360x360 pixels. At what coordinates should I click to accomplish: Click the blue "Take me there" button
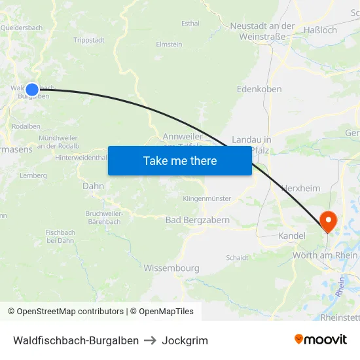[180, 160]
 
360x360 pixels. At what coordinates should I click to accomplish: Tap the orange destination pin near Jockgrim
[326, 221]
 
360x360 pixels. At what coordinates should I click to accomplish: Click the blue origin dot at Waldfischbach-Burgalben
[32, 89]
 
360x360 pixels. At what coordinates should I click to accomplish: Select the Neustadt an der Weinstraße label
[262, 31]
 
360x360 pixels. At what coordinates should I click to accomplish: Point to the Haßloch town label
[321, 30]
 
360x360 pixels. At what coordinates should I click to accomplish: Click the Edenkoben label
[259, 89]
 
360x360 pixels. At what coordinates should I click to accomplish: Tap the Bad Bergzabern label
[198, 221]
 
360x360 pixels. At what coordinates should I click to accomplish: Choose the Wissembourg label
[171, 268]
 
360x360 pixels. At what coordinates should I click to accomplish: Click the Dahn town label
[94, 186]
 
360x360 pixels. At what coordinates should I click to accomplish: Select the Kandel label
[292, 236]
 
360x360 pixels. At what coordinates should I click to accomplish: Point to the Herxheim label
[300, 189]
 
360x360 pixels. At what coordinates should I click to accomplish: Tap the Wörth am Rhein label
[325, 255]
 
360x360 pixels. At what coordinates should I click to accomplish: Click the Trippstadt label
[89, 40]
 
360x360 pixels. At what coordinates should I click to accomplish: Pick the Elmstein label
[169, 45]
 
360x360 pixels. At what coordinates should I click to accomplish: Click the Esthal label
[190, 24]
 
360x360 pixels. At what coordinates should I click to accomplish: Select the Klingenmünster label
[207, 198]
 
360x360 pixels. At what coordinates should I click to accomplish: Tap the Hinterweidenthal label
[81, 158]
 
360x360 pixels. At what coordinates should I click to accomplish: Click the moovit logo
[321, 339]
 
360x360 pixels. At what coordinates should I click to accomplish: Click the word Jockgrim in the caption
[185, 340]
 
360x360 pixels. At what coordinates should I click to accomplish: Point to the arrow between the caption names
[150, 340]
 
